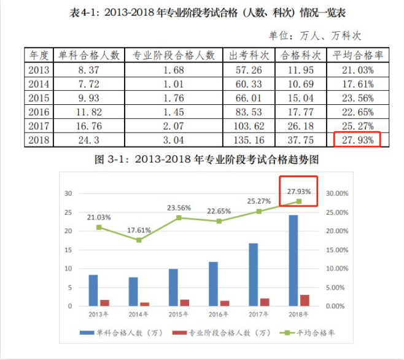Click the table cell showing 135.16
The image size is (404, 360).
coord(249,140)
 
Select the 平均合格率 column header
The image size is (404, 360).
coord(358,55)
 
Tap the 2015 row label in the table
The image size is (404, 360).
coord(39,98)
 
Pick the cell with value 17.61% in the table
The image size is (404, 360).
coord(358,83)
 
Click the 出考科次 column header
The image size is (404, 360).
coord(249,55)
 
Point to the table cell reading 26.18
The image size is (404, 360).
coord(301,126)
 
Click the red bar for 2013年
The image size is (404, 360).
coord(105,302)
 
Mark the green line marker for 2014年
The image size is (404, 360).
coord(139,240)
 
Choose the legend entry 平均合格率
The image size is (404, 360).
coord(311,332)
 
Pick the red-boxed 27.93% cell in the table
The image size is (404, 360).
coord(358,140)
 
